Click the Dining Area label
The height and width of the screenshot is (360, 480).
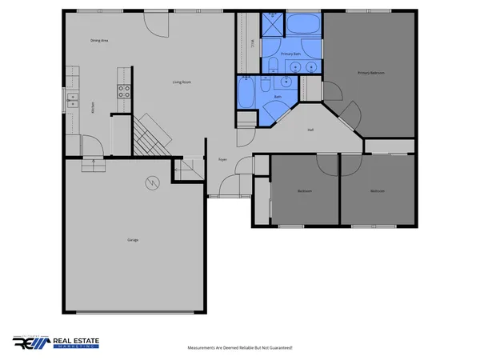pyautogui.click(x=99, y=40)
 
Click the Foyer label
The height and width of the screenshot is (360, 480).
pyautogui.click(x=223, y=160)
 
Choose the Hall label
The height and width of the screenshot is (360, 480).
pyautogui.click(x=310, y=130)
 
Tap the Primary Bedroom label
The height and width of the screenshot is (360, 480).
pyautogui.click(x=371, y=73)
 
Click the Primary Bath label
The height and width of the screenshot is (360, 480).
pyautogui.click(x=290, y=54)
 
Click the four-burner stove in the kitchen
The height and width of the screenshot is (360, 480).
pyautogui.click(x=125, y=91)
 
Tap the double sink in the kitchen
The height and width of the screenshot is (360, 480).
pyautogui.click(x=73, y=100)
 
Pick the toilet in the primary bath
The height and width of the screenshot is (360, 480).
pyautogui.click(x=272, y=66)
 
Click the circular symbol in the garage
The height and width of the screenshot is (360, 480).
pyautogui.click(x=150, y=184)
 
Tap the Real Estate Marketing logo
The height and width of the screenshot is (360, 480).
pyautogui.click(x=56, y=342)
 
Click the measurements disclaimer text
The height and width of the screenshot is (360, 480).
pyautogui.click(x=239, y=348)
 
